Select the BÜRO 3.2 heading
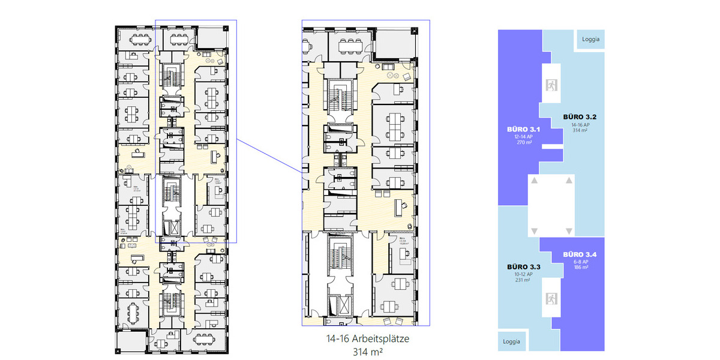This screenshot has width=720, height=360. pyautogui.click(x=578, y=116)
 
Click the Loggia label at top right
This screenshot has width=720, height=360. pyautogui.click(x=590, y=40)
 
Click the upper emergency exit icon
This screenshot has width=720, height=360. pyautogui.click(x=551, y=85)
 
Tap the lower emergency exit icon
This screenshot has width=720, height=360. pyautogui.click(x=551, y=298)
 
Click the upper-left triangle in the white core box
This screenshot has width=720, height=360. pyautogui.click(x=533, y=180)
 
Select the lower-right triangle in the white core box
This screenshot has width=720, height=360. pyautogui.click(x=569, y=231)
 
